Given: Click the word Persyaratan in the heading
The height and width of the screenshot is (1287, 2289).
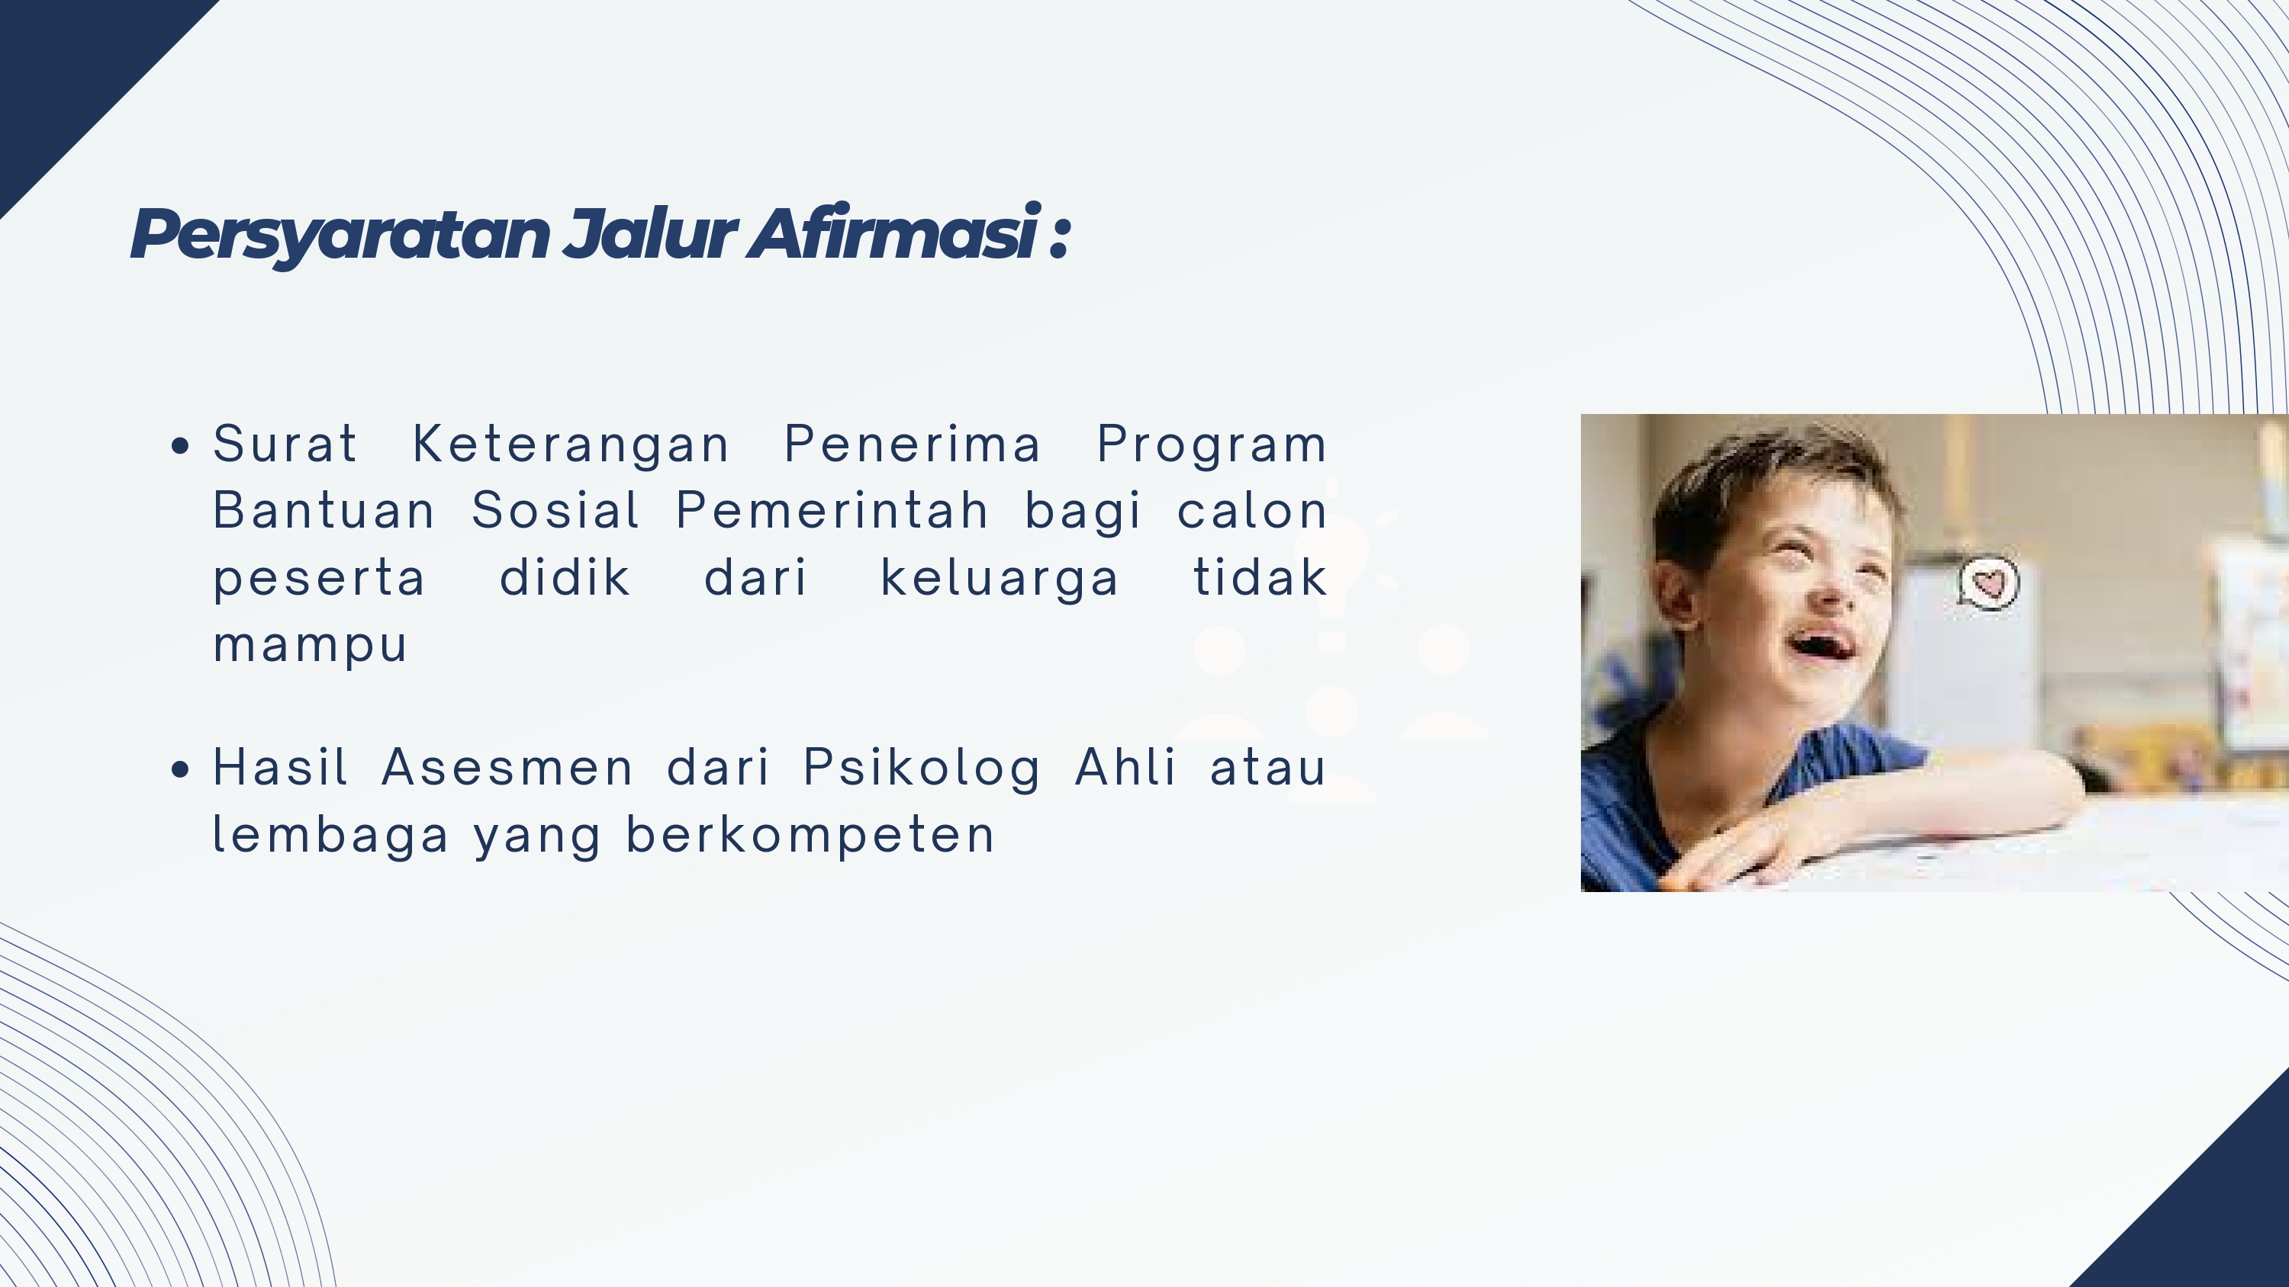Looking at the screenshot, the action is click(x=340, y=235).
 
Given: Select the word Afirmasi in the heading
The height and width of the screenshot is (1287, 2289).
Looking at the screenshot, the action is click(x=893, y=232).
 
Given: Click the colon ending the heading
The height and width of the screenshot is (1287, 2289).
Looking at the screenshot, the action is click(x=1059, y=238).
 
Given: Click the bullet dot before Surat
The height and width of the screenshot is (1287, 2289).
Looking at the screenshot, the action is click(x=180, y=446).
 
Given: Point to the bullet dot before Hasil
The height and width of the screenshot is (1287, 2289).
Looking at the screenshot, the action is click(x=180, y=769).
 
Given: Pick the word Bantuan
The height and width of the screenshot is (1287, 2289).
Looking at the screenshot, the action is click(x=324, y=511).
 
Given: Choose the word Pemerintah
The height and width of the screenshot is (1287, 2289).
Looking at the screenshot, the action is click(x=832, y=511).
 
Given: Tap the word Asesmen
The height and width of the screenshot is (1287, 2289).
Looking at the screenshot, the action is click(x=507, y=768).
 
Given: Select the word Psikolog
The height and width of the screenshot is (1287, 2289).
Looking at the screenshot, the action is click(x=922, y=769).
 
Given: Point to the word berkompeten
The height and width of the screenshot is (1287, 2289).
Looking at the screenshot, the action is click(x=810, y=836).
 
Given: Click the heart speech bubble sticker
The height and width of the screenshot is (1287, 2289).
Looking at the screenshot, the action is click(x=1988, y=583).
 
